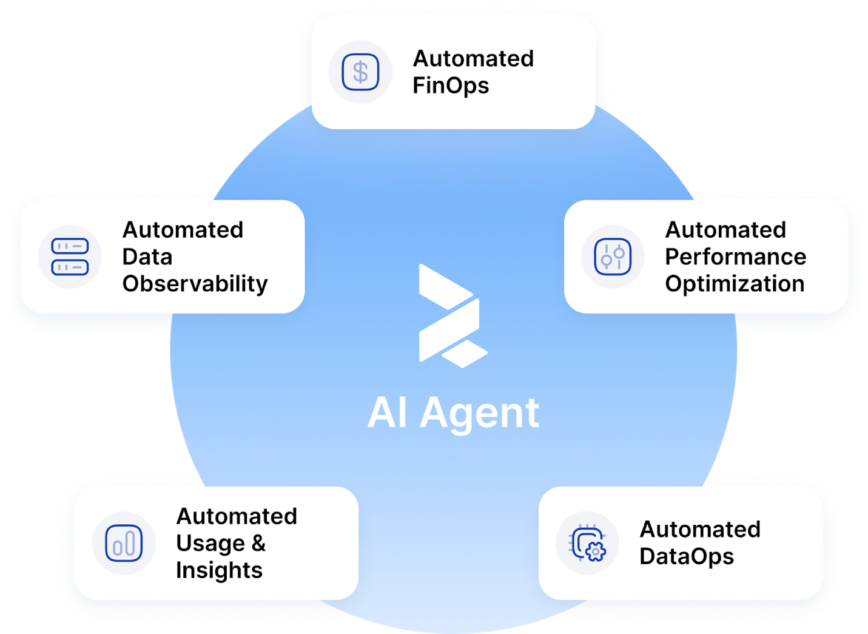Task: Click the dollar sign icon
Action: (360, 72)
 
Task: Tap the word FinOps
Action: (451, 86)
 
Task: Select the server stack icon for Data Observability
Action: (70, 257)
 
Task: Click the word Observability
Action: (195, 284)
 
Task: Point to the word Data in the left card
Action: (147, 257)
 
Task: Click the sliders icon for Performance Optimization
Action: (613, 257)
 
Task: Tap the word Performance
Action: (735, 257)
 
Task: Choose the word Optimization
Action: (735, 284)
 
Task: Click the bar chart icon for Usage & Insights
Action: (124, 543)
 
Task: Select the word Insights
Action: (219, 570)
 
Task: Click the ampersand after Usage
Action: (258, 544)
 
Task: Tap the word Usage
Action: (210, 544)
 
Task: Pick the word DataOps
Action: (687, 557)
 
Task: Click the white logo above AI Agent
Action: (452, 315)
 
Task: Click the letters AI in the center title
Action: (387, 413)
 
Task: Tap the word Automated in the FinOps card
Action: (473, 59)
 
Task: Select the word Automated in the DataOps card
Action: (700, 530)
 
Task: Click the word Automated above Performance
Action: (725, 230)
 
